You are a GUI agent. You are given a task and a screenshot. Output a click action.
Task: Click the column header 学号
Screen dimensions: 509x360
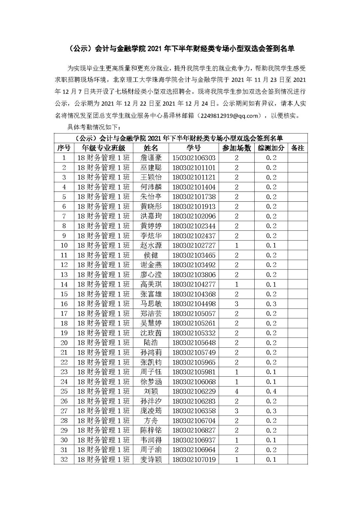194,148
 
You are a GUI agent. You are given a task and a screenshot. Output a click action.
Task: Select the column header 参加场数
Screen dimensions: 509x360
236,148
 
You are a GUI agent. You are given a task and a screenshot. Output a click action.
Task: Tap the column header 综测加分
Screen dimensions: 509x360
271,148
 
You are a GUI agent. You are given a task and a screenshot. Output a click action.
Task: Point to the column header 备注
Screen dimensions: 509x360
298,148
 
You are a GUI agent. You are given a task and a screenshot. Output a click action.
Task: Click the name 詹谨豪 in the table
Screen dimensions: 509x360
151,158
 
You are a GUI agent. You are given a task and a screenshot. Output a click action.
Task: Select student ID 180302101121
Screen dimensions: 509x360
194,177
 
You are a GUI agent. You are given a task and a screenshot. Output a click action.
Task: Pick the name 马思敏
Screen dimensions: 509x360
151,304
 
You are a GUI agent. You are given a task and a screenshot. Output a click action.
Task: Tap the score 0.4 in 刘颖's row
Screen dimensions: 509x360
271,391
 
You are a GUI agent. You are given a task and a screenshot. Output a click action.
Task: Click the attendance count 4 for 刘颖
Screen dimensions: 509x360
236,391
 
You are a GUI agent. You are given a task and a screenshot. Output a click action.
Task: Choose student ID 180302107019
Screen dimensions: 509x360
194,459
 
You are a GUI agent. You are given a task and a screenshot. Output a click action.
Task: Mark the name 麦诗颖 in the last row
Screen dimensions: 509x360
151,459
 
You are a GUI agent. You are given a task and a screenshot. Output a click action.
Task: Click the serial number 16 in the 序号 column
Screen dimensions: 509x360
64,304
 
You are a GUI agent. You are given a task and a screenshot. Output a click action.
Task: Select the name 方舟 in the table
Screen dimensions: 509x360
151,421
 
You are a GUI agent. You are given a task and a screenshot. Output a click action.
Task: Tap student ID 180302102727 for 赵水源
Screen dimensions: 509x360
194,245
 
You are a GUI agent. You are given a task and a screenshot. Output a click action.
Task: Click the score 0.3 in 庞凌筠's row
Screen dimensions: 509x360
271,411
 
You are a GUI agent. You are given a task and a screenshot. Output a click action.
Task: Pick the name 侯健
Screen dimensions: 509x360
151,255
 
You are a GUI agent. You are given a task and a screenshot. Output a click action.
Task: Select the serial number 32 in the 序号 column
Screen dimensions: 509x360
64,459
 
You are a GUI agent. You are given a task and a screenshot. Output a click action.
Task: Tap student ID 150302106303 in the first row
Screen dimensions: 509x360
194,158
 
